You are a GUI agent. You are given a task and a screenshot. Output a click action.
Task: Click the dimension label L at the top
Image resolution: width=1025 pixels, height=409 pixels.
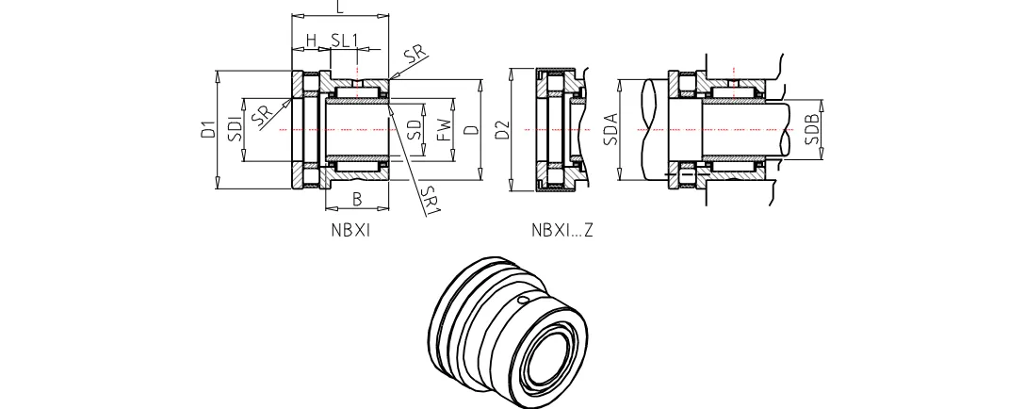coord(339,7)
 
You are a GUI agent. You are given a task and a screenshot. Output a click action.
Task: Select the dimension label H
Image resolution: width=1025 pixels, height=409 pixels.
coord(311,41)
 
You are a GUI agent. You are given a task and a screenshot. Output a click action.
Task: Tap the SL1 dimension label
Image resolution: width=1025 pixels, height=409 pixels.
coord(344,41)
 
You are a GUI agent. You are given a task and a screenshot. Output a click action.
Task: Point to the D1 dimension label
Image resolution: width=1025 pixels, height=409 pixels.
coord(208,129)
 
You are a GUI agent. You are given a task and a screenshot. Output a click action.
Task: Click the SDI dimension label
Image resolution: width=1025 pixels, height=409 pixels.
coord(236,128)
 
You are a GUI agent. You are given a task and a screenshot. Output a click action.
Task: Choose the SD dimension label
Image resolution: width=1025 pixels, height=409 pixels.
coord(415,129)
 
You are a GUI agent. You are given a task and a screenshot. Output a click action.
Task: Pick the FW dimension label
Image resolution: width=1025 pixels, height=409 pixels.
coord(443,129)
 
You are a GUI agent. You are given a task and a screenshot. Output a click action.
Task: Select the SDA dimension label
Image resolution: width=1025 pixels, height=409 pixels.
coord(610,129)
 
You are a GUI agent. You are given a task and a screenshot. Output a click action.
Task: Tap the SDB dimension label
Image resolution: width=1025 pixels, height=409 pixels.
coord(813,129)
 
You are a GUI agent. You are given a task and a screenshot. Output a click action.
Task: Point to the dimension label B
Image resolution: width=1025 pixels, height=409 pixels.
coord(357,198)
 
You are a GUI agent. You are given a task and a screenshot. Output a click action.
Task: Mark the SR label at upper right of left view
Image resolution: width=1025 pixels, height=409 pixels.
coord(412,54)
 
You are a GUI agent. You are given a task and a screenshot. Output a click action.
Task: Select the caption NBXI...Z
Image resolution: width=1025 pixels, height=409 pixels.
coord(562,229)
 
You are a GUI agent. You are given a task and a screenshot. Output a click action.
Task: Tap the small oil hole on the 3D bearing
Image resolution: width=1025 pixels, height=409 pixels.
coord(524,301)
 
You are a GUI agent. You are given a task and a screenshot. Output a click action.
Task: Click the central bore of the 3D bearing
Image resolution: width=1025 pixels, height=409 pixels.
coord(549,362)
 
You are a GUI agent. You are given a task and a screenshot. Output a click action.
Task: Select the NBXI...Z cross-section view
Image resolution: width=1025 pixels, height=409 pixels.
coord(560,129)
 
